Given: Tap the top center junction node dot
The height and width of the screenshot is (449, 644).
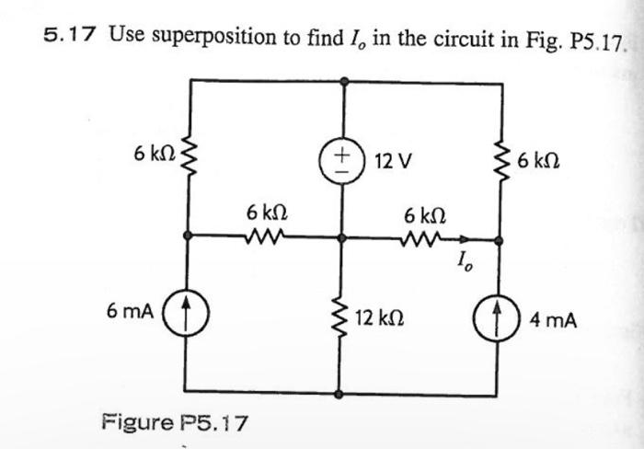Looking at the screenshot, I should click(343, 80).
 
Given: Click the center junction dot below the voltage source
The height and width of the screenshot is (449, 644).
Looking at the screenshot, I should click(342, 236).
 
